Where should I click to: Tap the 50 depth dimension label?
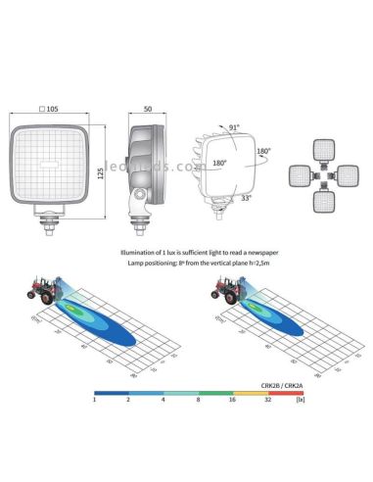click(x=146, y=108)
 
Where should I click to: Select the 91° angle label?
click(x=234, y=126)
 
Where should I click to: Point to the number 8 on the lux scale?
click(x=199, y=400)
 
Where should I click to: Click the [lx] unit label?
click(x=299, y=400)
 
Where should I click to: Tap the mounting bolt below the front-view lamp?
click(x=48, y=228)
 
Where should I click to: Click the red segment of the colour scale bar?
click(x=287, y=391)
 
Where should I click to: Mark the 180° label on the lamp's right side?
click(x=263, y=152)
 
